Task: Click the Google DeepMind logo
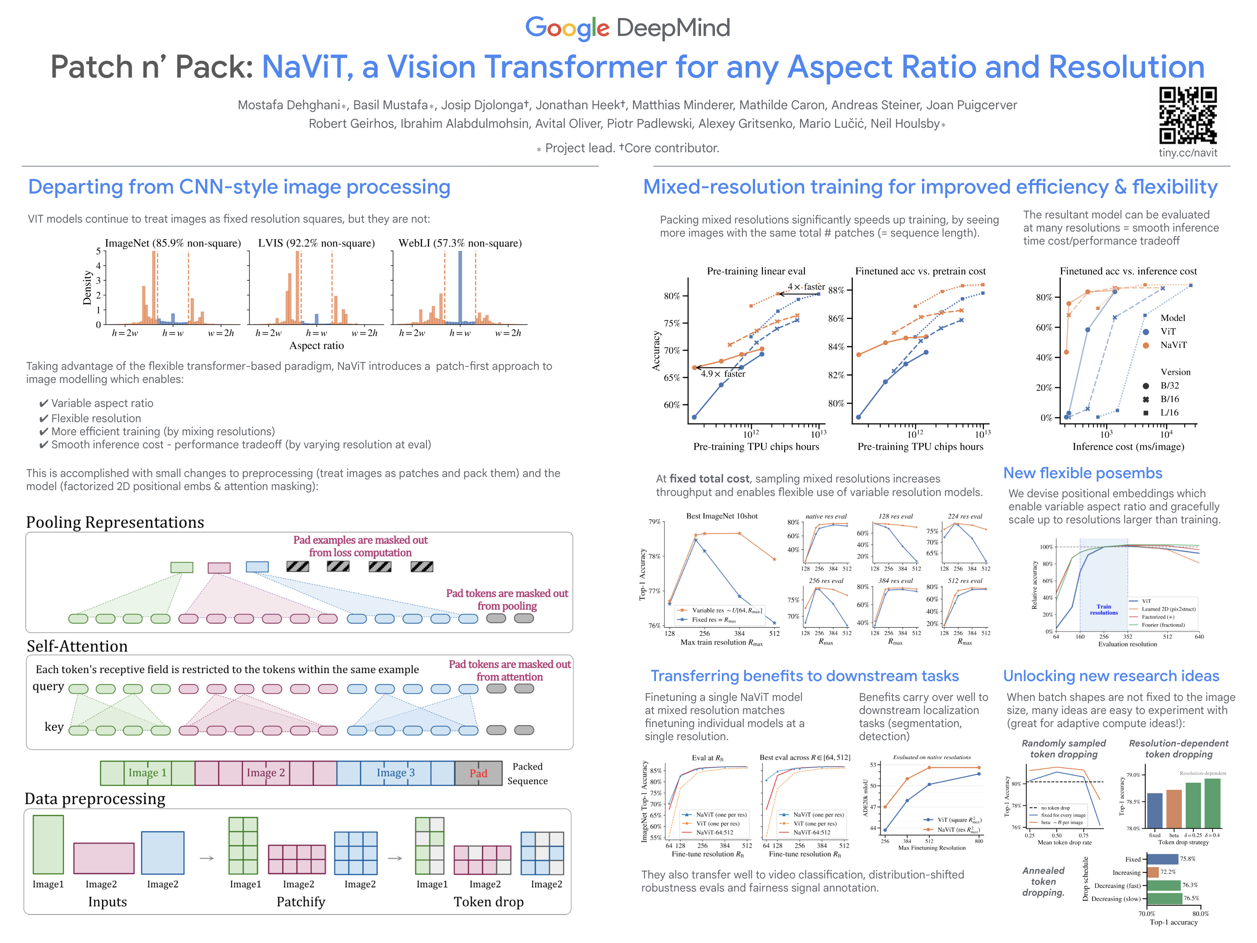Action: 627,28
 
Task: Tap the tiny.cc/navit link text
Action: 1188,153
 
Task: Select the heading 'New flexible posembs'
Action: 1082,473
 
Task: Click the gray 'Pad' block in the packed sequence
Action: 478,773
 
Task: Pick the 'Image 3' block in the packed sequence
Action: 396,773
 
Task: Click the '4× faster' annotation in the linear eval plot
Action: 806,287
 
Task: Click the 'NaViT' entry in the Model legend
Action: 1173,345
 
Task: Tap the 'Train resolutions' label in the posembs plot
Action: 1103,609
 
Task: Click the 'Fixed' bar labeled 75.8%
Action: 1162,859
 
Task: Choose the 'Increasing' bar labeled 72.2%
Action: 1152,872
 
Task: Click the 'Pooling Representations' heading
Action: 115,522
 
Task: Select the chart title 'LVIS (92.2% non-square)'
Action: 316,243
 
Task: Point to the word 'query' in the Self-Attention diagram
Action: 49,686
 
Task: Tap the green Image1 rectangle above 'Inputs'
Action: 49,844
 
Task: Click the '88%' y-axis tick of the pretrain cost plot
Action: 836,290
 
